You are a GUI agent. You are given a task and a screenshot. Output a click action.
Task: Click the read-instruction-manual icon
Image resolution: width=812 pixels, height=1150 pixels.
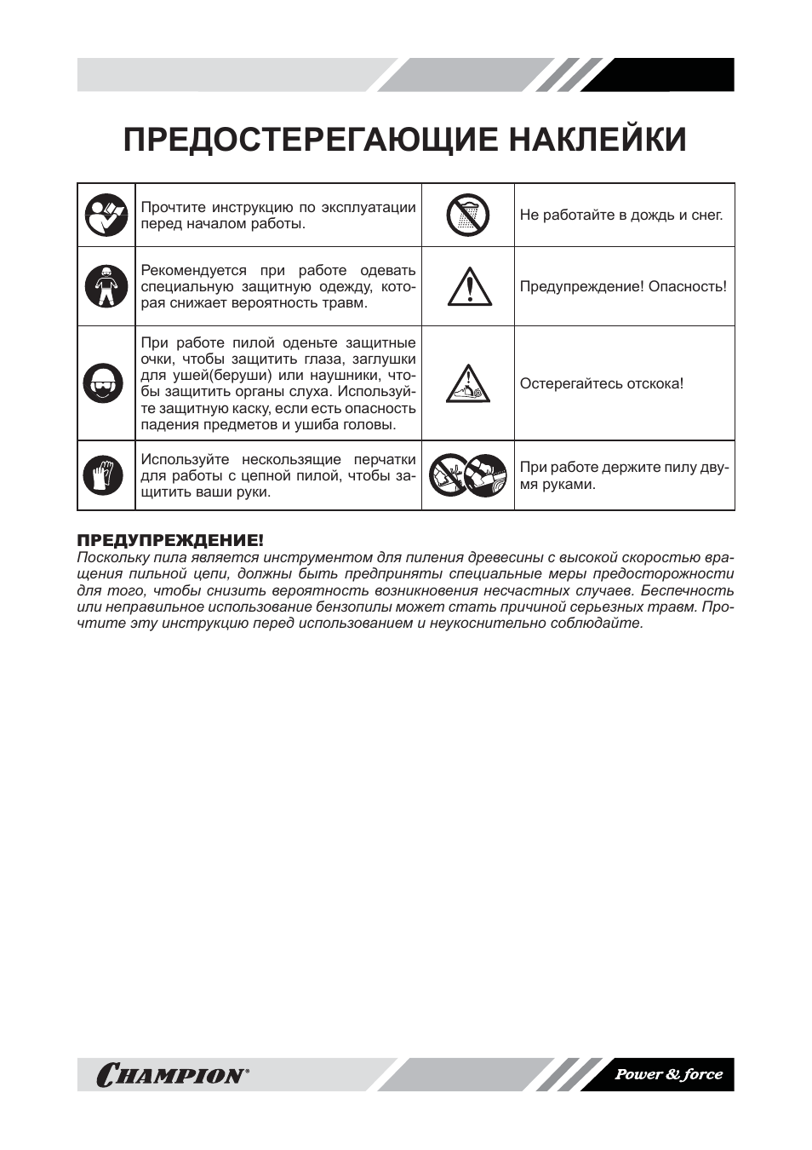tap(106, 216)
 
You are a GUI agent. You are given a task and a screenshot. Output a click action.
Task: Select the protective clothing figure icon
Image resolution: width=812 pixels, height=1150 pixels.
tap(106, 286)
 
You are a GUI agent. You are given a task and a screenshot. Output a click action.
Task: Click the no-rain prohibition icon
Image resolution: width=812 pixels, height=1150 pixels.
tap(467, 216)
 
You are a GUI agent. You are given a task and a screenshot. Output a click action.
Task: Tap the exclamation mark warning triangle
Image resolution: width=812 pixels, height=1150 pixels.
tap(469, 287)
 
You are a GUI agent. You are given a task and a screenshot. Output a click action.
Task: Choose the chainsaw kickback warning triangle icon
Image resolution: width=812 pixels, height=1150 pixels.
tap(468, 384)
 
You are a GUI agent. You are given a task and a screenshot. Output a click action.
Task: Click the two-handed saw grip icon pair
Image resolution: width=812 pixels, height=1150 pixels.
tap(467, 475)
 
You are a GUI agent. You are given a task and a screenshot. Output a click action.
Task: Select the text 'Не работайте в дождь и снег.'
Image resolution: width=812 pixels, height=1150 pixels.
tap(620, 216)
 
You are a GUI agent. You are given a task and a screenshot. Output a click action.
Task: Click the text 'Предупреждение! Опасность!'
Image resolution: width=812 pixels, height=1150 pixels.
tap(623, 286)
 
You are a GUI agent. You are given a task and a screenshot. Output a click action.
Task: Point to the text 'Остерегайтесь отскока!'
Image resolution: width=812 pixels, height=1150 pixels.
tap(601, 383)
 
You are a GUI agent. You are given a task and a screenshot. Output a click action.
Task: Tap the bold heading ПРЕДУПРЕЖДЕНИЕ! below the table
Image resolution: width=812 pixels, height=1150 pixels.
tap(170, 541)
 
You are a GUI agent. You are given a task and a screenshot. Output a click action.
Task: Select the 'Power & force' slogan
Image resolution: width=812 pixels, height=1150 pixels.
tap(668, 1074)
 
